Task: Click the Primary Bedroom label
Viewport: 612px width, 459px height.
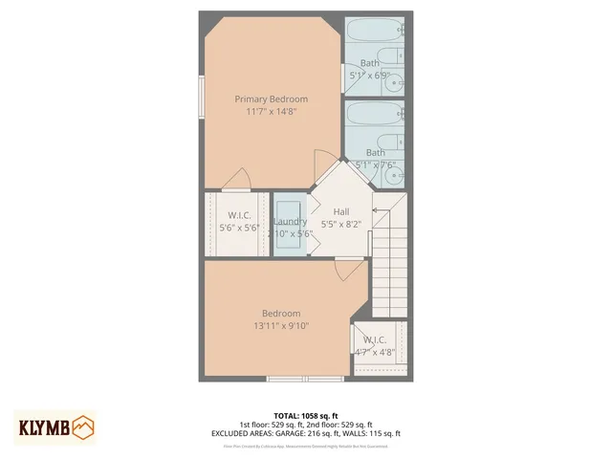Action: [x=272, y=98]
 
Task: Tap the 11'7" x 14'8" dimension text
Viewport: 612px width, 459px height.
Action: [x=272, y=111]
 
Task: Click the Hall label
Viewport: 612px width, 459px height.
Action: [x=341, y=211]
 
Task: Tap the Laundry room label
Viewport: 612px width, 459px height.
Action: [x=290, y=222]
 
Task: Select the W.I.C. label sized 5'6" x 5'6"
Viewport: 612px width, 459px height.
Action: [x=239, y=215]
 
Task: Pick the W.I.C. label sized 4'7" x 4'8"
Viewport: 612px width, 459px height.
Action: [x=375, y=339]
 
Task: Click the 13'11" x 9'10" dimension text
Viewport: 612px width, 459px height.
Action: [x=281, y=326]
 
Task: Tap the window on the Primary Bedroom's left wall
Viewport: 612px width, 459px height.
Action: [x=202, y=96]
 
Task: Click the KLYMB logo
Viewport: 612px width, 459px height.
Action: [x=55, y=426]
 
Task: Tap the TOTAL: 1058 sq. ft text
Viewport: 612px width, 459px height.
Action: [x=305, y=416]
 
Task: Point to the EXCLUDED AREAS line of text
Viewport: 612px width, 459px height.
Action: [x=305, y=433]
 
